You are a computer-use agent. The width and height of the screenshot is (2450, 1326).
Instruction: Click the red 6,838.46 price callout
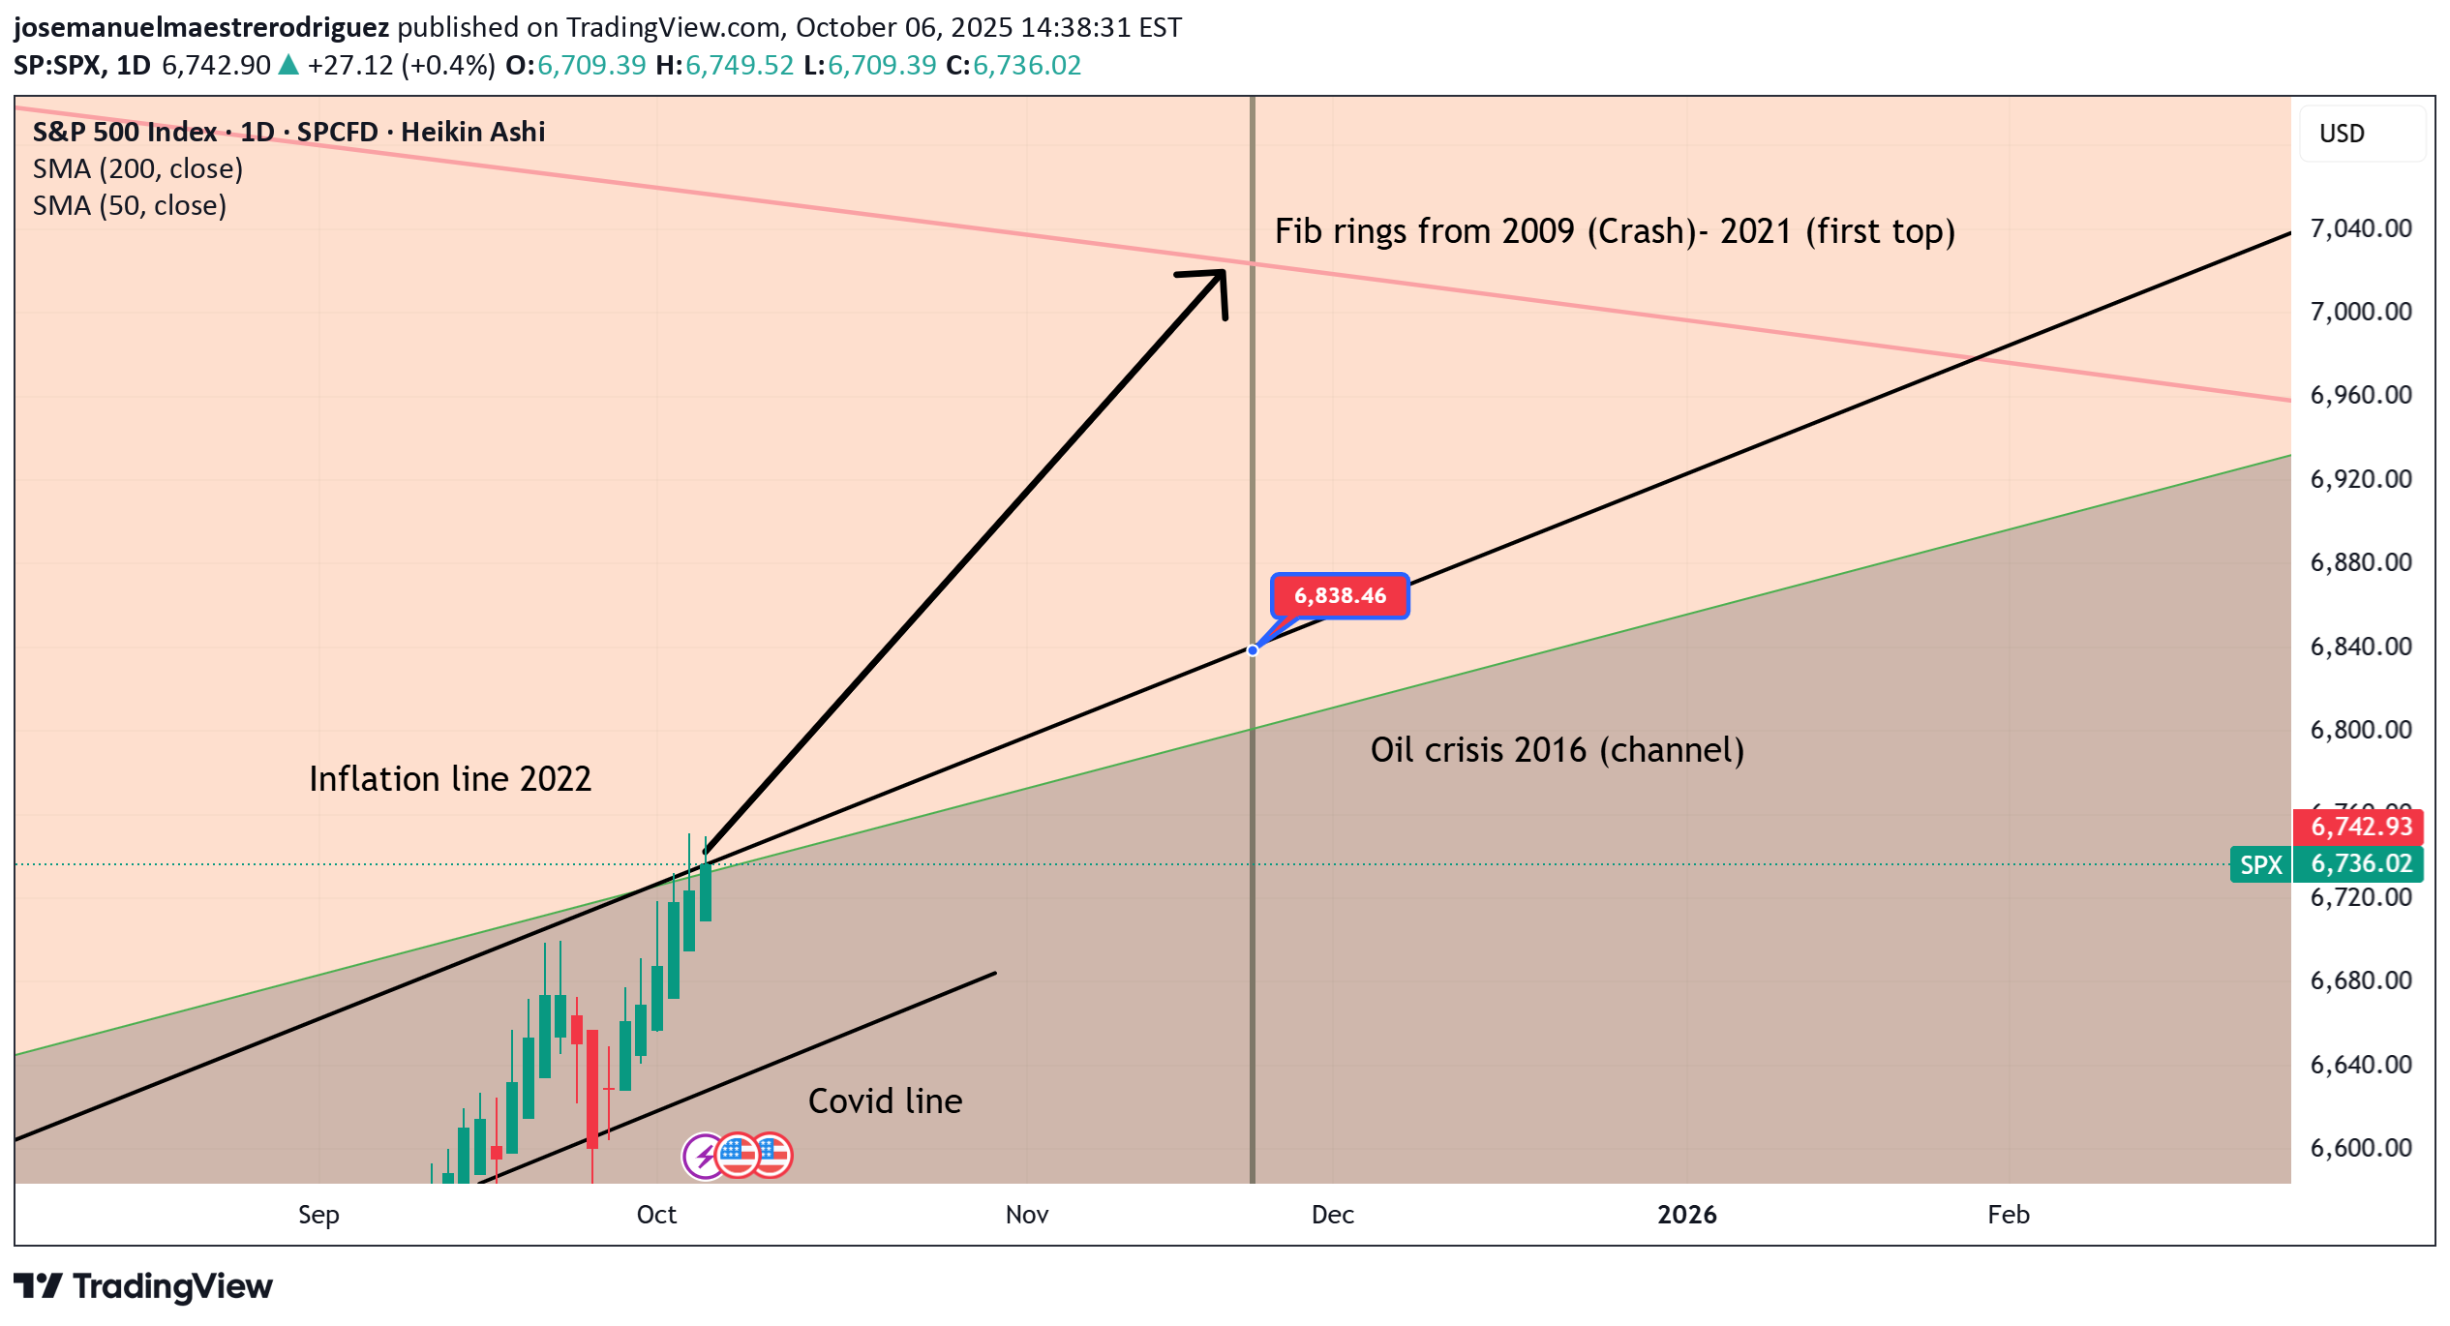tap(1340, 595)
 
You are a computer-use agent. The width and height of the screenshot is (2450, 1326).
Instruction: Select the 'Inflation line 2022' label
tap(449, 779)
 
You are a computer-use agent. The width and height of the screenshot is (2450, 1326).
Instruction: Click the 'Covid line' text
tap(885, 1101)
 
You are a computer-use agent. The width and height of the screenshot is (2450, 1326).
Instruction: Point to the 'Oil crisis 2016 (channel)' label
tap(1557, 750)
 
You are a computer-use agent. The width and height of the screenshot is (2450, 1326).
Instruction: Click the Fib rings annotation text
tap(1614, 231)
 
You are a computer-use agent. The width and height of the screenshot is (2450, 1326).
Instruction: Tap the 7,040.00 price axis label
tap(2360, 228)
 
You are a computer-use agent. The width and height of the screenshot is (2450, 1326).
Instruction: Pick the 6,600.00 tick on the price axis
tap(2360, 1148)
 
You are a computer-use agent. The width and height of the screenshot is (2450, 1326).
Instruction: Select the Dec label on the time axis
tap(1332, 1215)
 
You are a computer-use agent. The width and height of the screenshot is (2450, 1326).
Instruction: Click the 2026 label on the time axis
tap(1686, 1215)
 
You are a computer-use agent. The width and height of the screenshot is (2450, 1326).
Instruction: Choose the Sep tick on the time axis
tap(318, 1215)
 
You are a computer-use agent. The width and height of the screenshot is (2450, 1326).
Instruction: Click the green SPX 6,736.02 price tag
tap(2326, 864)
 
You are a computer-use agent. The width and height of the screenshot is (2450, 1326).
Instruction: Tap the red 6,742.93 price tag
tap(2360, 827)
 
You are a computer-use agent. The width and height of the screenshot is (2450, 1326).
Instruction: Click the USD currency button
tap(2342, 134)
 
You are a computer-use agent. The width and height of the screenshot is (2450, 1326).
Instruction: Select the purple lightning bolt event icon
tap(704, 1156)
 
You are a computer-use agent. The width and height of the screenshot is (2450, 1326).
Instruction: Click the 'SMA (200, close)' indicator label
tap(137, 169)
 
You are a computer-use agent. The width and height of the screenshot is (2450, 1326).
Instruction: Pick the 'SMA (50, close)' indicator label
tap(130, 206)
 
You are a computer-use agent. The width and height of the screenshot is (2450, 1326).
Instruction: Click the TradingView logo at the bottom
tap(143, 1286)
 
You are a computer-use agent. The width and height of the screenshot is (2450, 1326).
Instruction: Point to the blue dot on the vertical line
tap(1253, 650)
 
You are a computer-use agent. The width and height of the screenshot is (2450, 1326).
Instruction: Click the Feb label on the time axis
tap(2008, 1215)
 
